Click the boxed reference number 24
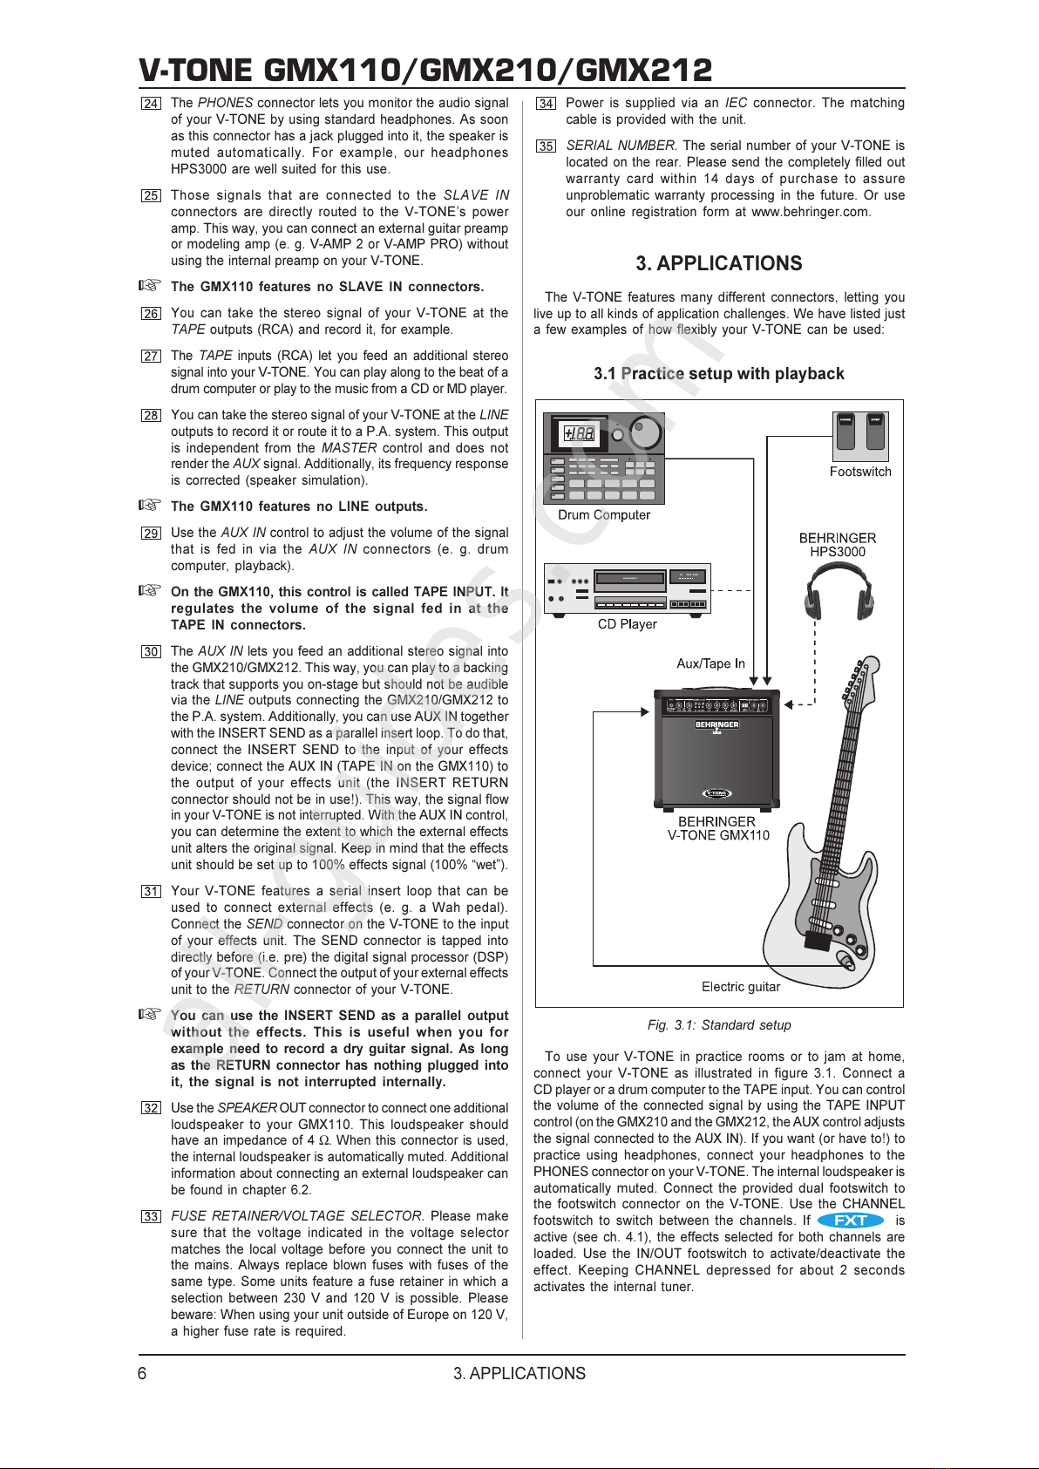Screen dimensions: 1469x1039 (151, 104)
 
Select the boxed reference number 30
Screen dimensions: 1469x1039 (151, 652)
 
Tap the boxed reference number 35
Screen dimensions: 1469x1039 (546, 146)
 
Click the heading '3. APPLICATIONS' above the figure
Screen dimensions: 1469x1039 (718, 263)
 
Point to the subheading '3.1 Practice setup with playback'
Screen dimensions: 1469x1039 (718, 374)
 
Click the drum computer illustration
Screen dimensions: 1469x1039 (604, 458)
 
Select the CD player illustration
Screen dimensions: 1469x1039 (627, 588)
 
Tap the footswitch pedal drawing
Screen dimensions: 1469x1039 (859, 435)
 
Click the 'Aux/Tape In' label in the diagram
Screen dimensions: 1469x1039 (710, 663)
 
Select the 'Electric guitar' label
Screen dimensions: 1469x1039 (741, 987)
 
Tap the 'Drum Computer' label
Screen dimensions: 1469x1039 (604, 515)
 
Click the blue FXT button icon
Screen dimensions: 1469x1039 (851, 1221)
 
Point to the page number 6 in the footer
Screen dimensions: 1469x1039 (142, 1374)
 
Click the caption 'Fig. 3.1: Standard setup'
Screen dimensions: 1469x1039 (719, 1025)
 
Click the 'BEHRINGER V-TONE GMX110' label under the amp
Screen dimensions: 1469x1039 (718, 828)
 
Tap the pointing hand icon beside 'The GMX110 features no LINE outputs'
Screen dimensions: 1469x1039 (151, 505)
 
